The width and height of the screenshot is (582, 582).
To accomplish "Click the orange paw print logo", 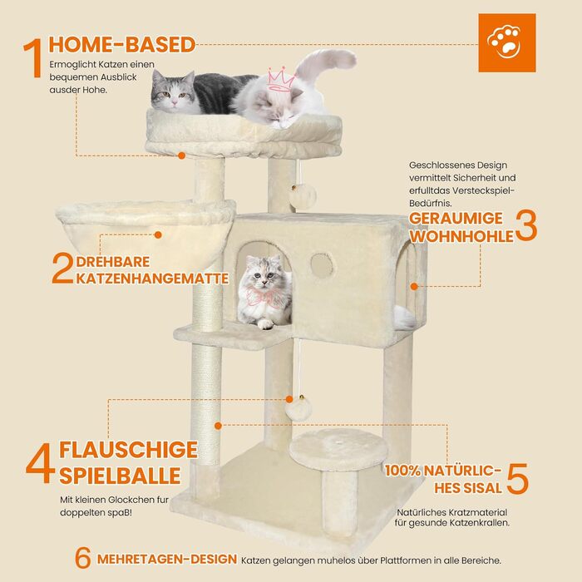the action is (506, 42).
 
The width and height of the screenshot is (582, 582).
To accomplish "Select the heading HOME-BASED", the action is (121, 45).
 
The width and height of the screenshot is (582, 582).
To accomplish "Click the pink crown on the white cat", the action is (281, 79).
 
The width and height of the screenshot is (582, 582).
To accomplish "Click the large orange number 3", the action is (526, 225).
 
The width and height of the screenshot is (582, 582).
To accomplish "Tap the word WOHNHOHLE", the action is (461, 236).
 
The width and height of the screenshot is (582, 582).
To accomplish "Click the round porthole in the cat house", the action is (323, 266).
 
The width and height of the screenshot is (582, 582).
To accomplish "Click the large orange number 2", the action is (62, 268).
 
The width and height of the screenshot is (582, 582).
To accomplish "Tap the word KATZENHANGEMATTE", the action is (152, 279).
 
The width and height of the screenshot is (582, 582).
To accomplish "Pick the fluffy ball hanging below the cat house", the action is (298, 409).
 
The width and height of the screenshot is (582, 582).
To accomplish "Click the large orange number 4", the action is (41, 463).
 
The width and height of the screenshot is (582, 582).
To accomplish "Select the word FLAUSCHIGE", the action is (128, 450).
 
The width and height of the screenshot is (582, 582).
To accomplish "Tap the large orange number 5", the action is (517, 478).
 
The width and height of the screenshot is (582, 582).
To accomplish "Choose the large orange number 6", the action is (83, 558).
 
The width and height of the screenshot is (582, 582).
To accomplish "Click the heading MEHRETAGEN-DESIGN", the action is (167, 560).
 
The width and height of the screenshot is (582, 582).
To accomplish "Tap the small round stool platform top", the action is (338, 448).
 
